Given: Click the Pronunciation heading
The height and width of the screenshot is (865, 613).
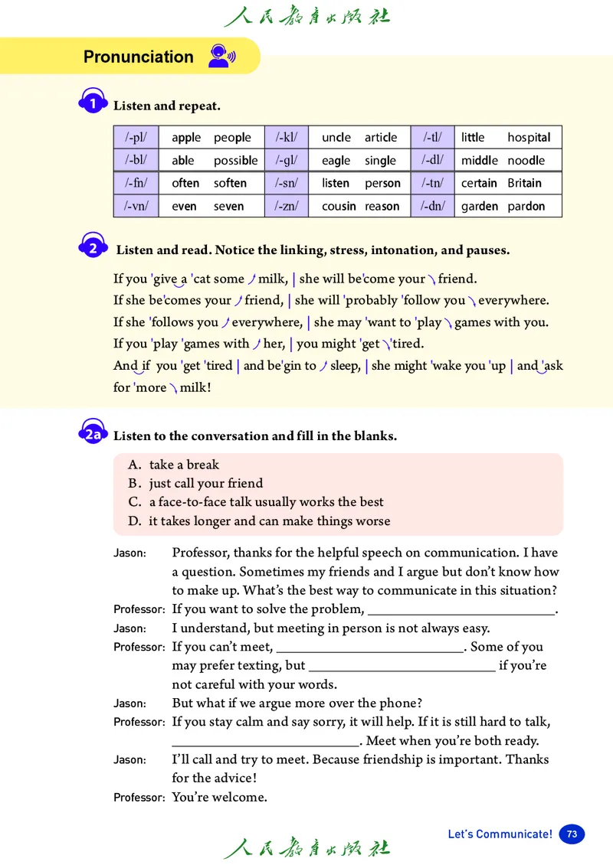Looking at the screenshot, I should pyautogui.click(x=138, y=57).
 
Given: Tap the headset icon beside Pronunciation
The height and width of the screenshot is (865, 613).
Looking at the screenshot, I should pyautogui.click(x=221, y=56).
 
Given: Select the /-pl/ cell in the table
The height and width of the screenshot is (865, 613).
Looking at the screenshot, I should pyautogui.click(x=136, y=138).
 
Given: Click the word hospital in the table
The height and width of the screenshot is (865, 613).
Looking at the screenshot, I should pyautogui.click(x=529, y=138).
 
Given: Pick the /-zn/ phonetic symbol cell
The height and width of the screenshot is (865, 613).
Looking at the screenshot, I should pyautogui.click(x=286, y=206).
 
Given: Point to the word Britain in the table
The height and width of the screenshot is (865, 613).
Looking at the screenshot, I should pyautogui.click(x=524, y=183).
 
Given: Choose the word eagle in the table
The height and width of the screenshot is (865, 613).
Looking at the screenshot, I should pyautogui.click(x=336, y=161).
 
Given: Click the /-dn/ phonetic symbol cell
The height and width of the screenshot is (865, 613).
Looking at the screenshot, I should pyautogui.click(x=432, y=206).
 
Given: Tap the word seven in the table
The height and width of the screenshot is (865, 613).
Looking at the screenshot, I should pyautogui.click(x=228, y=206).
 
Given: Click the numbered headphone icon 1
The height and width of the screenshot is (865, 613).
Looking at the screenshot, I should pyautogui.click(x=93, y=103).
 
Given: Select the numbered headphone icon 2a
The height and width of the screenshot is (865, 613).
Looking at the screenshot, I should pyautogui.click(x=93, y=434).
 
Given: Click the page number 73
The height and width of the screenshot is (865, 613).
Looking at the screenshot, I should pyautogui.click(x=572, y=834).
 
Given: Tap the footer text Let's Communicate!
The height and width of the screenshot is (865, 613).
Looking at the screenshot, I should pyautogui.click(x=500, y=834).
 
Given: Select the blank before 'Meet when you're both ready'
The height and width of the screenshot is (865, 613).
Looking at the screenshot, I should pyautogui.click(x=265, y=741).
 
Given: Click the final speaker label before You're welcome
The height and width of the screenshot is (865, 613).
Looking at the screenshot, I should pyautogui.click(x=139, y=798).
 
